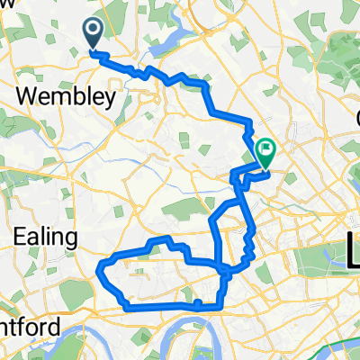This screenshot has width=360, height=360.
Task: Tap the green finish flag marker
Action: coord(266,149)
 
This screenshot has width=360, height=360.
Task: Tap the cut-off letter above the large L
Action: coord(355,118)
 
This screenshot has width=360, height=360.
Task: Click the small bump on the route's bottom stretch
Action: coord(196,302)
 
